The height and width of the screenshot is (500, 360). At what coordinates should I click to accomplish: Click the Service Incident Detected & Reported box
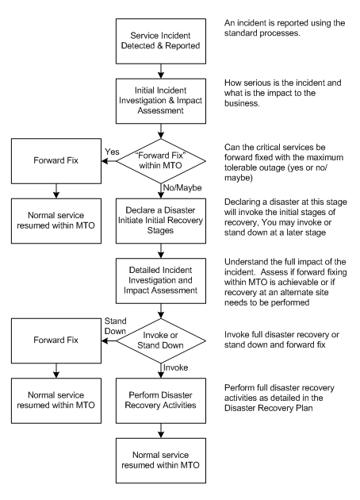coord(160,41)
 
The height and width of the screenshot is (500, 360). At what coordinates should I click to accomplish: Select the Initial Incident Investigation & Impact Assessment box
coord(160,101)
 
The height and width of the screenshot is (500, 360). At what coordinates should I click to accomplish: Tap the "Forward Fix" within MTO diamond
coord(160,161)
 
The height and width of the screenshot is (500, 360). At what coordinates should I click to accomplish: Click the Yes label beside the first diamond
coord(112,152)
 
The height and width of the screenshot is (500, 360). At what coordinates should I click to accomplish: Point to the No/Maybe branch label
coord(182,188)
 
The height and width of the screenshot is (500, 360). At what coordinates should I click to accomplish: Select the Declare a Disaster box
coord(160,221)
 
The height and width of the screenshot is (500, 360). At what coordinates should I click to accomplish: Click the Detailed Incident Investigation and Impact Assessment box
coord(160,281)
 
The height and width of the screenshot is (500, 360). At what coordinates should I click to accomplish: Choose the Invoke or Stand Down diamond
coord(160,340)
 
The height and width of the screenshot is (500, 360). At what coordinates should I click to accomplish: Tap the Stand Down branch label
coord(115,326)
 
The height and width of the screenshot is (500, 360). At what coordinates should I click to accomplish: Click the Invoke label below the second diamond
coord(175,367)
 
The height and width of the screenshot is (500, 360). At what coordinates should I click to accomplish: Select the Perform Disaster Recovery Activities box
coord(160,401)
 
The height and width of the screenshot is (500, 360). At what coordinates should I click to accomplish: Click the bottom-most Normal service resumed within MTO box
coord(160,460)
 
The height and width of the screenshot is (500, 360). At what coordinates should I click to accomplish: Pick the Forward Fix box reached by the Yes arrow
coord(56,161)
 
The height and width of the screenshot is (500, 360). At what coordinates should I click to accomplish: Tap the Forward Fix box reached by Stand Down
coord(56,340)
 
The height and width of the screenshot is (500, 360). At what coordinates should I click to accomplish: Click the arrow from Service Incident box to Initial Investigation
coord(161,71)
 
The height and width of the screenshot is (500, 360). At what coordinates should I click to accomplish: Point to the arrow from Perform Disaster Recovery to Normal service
coord(161,431)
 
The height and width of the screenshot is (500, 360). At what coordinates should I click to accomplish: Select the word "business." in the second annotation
coord(242,103)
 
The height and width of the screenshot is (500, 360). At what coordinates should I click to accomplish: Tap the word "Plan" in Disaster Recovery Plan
coord(303,408)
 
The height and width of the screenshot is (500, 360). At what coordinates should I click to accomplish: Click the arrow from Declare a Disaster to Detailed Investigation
coord(161,251)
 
